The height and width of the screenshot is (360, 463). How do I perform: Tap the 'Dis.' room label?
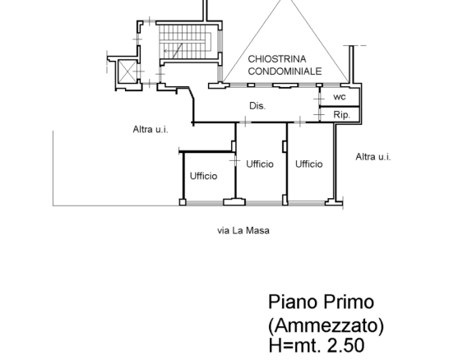(x=257, y=106)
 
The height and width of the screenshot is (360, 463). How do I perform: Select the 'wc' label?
(x=339, y=97)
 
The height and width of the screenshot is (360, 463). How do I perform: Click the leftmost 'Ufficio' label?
(x=203, y=176)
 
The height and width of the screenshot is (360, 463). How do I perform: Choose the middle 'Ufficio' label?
(x=260, y=164)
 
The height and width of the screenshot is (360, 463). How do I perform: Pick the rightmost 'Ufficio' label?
(x=309, y=164)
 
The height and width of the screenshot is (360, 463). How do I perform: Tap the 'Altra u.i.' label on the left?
(x=150, y=128)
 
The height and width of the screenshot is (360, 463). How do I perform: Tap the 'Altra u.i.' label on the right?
(x=373, y=156)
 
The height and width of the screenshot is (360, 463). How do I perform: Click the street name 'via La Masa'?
(x=243, y=231)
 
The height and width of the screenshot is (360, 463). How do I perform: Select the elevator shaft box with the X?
(x=127, y=72)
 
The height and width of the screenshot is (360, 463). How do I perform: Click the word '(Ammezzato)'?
(x=326, y=325)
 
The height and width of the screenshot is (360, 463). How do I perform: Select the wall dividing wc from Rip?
(x=336, y=107)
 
